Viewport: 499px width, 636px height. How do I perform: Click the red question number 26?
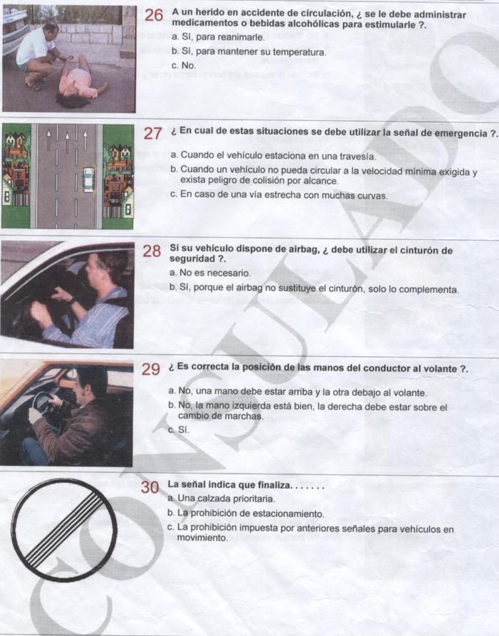point(154,16)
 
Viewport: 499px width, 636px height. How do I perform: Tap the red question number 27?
point(154,133)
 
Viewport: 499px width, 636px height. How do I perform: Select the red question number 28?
point(152,251)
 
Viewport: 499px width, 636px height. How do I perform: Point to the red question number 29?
point(150,369)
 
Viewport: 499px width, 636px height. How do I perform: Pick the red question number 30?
point(149,487)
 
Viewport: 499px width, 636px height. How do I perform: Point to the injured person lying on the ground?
point(80,77)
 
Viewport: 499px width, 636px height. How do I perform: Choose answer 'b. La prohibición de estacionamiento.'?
point(245,514)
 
